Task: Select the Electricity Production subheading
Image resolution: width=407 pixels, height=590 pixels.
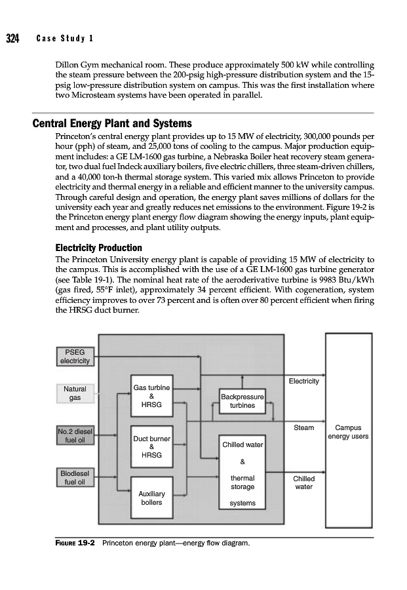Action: tap(98, 247)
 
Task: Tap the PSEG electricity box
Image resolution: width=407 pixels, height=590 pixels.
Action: tap(76, 357)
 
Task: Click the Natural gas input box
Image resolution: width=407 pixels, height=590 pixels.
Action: tap(75, 393)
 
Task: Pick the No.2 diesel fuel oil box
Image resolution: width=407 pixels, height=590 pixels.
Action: tap(76, 435)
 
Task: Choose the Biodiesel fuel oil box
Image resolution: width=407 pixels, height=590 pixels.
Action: tap(76, 478)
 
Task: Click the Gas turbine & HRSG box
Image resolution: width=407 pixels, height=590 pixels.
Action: tap(151, 397)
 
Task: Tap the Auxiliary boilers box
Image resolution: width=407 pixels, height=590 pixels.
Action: tap(151, 498)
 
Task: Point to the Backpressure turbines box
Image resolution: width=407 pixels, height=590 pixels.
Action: tap(242, 401)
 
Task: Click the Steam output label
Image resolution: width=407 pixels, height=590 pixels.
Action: tap(303, 427)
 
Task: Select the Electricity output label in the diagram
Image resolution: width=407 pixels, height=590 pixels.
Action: tap(303, 381)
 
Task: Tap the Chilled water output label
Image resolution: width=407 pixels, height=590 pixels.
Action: tap(303, 482)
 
